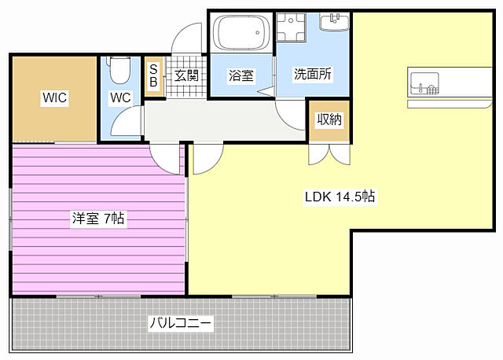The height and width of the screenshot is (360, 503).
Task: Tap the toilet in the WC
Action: pos(119,70)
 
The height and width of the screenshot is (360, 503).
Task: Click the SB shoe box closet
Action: pos(154,75)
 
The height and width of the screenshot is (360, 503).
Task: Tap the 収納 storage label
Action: pos(329,119)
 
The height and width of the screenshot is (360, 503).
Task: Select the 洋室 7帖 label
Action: pos(99,219)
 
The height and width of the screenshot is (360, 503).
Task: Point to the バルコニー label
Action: pos(181,322)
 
